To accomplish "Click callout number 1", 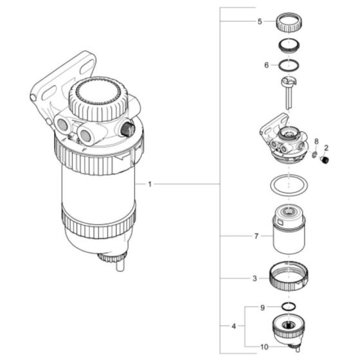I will click(149, 184).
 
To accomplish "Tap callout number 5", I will click(260, 21).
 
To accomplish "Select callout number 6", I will click(266, 65).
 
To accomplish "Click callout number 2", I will click(326, 148).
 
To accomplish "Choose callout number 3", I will click(255, 278).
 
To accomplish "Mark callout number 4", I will click(232, 326).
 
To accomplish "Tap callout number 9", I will click(262, 308).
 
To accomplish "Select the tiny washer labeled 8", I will click(314, 154).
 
